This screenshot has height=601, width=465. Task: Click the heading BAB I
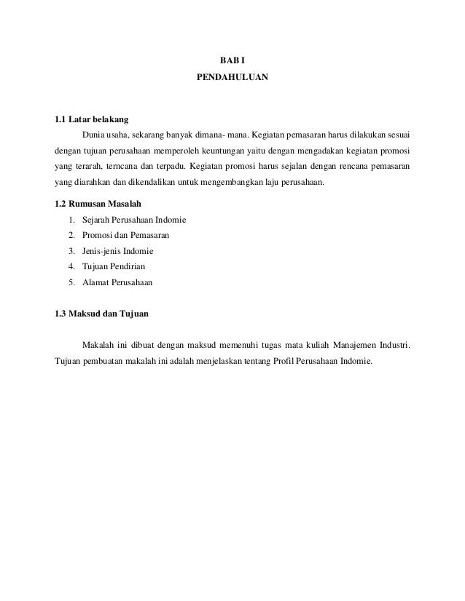pos(232,57)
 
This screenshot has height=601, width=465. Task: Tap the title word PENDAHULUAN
pos(232,75)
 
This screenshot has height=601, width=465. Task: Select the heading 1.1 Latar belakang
pos(87,119)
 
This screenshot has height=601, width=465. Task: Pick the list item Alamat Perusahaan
pos(118,282)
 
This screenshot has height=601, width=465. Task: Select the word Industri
pos(394,343)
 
